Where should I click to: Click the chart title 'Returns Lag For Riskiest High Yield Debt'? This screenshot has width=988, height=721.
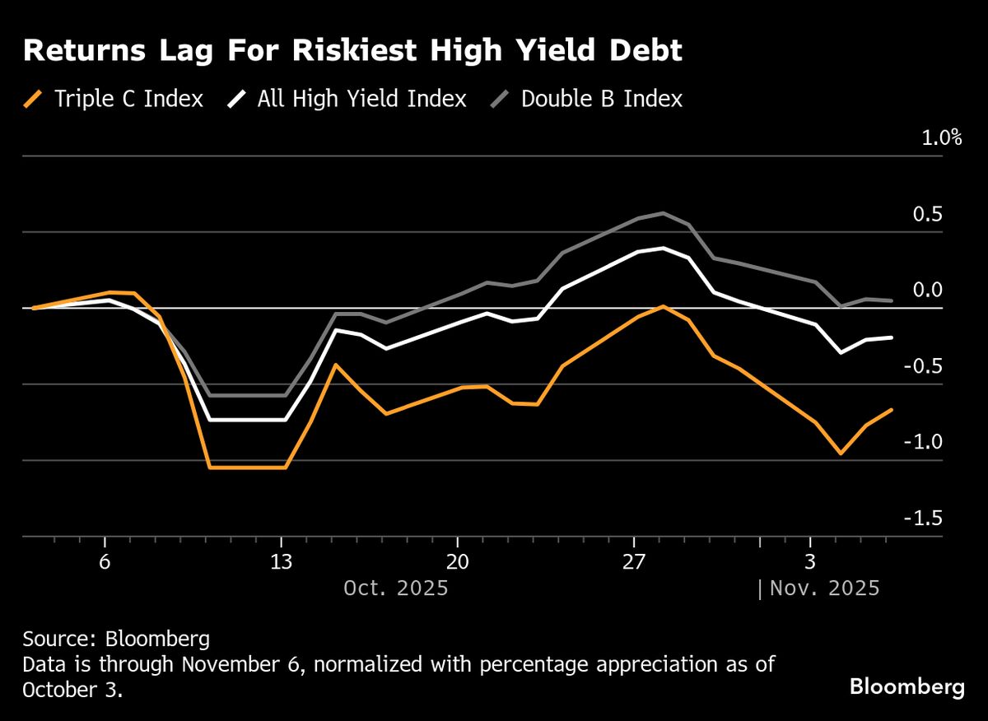(353, 51)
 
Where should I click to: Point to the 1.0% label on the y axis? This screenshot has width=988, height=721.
(941, 137)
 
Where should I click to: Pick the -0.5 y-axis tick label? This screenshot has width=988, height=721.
(941, 366)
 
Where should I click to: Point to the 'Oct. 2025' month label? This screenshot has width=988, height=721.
(395, 588)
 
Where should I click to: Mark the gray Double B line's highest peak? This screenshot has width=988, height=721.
(664, 213)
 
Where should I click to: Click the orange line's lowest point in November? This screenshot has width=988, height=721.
(841, 453)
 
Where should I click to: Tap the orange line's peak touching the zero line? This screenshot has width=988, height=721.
(663, 306)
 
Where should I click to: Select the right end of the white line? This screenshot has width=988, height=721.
(892, 337)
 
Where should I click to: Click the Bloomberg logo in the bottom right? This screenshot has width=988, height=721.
(906, 687)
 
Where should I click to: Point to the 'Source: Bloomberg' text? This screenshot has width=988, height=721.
(116, 639)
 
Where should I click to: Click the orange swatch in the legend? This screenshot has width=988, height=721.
(34, 100)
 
